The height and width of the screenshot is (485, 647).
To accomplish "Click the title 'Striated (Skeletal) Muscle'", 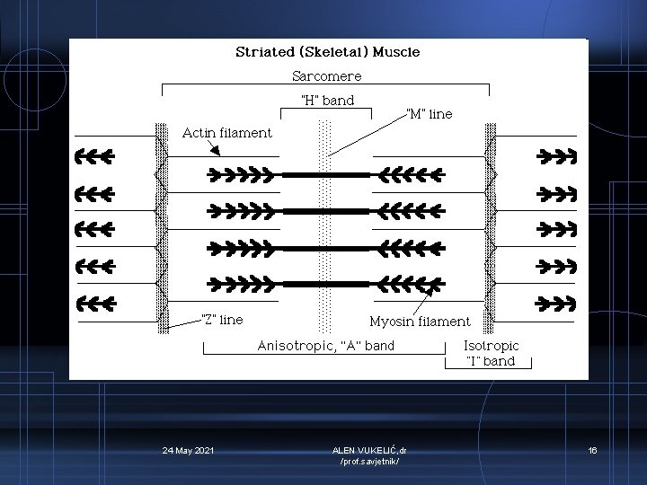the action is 327,52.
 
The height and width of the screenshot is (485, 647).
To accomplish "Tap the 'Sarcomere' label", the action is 327,76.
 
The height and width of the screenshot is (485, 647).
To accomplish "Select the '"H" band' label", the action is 326,101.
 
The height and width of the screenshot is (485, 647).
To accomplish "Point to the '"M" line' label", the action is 429,114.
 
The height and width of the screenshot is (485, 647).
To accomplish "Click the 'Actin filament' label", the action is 226,133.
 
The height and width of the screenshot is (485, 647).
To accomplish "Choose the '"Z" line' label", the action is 221,319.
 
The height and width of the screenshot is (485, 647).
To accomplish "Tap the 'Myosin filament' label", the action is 420,321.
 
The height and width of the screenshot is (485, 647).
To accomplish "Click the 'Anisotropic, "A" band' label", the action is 325,345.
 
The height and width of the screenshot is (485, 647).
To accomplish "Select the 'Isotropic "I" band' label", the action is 491,353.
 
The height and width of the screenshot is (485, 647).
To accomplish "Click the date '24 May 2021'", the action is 189,450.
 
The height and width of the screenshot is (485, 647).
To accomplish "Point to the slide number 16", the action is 592,450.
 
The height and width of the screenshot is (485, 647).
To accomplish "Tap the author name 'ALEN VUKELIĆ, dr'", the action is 368,450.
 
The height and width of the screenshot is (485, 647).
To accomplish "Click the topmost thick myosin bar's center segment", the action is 326,174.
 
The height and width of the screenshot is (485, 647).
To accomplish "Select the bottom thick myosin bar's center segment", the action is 326,284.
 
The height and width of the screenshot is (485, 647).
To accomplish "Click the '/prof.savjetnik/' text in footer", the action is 368,462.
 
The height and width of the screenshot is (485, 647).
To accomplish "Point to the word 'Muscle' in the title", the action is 393,52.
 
